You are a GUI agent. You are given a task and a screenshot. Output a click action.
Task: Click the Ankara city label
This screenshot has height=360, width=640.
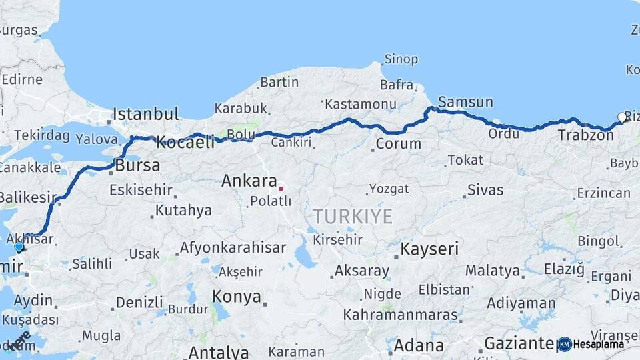[x=249, y=181]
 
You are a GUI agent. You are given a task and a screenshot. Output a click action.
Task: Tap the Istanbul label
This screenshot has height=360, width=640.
[x=146, y=114]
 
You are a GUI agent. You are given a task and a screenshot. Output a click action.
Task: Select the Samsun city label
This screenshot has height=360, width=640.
[x=465, y=103]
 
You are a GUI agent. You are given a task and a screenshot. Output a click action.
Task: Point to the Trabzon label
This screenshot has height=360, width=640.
[x=585, y=135]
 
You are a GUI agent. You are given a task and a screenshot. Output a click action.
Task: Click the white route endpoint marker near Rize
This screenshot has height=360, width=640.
[x=622, y=117]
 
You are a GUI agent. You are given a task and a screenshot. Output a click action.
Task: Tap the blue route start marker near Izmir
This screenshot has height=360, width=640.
[x=19, y=247]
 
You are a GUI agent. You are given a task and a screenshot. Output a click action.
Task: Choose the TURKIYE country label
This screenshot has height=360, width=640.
[x=353, y=216]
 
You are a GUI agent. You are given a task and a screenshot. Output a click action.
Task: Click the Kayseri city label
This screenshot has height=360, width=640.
[x=429, y=250]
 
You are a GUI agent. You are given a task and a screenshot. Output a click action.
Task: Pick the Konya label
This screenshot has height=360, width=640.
[x=236, y=297]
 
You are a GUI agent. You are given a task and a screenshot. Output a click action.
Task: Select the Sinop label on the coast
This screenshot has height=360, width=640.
[x=401, y=59]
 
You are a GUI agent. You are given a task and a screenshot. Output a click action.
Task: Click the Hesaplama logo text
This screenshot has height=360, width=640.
[x=599, y=344]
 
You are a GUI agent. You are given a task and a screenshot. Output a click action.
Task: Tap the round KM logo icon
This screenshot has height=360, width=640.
[x=565, y=344]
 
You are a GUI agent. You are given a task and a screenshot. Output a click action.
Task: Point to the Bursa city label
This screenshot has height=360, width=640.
[x=137, y=165]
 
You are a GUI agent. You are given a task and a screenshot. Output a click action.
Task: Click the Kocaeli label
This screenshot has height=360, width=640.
[x=185, y=141]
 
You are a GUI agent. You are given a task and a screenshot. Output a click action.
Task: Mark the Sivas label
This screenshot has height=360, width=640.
[x=485, y=190]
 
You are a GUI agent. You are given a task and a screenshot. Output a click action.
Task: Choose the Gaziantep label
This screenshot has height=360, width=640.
[x=520, y=344]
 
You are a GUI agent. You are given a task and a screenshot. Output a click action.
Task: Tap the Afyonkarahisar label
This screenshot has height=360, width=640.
[x=233, y=248]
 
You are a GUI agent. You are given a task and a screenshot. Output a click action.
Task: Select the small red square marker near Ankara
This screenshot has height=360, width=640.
[x=281, y=189]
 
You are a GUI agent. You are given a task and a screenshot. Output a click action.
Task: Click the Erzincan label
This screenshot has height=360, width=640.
[x=603, y=193]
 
